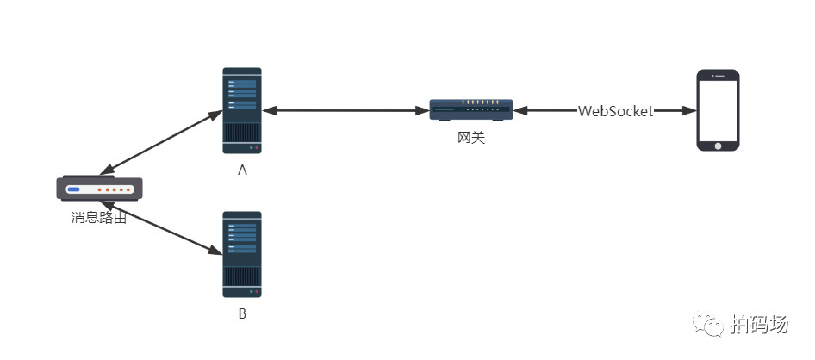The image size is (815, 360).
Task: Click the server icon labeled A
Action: (242, 111)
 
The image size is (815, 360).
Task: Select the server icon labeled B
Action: (242, 254)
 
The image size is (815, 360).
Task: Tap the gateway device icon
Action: (471, 109)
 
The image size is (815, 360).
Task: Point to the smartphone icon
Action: (718, 110)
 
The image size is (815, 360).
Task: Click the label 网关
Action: (471, 137)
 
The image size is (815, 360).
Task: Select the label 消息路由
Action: (99, 218)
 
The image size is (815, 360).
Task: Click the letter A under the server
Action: (242, 171)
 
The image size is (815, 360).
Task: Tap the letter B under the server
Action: (242, 314)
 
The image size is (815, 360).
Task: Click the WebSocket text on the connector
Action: (615, 111)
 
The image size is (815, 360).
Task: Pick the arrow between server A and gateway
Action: (346, 110)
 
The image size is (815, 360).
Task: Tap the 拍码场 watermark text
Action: (759, 326)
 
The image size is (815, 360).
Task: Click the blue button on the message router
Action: (73, 189)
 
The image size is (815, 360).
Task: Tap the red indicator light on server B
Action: (256, 292)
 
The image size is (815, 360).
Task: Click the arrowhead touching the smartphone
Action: (689, 111)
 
